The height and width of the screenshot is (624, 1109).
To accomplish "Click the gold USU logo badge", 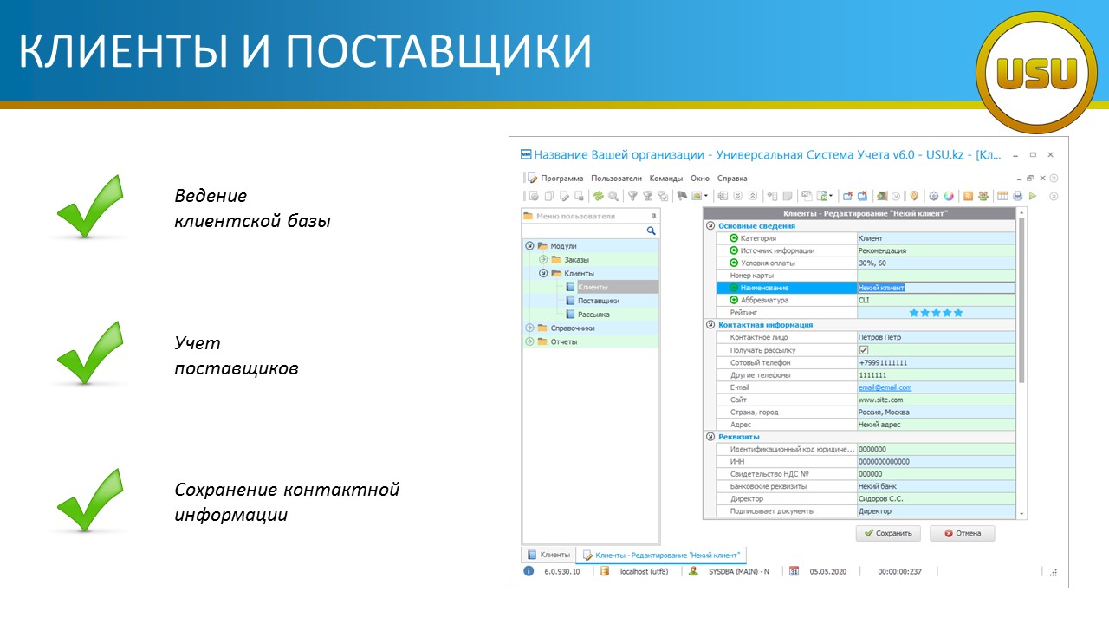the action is (x=1036, y=73).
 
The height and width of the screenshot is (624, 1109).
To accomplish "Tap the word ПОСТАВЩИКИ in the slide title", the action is (x=438, y=50).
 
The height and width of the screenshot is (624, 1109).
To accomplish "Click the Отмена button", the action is (x=962, y=533).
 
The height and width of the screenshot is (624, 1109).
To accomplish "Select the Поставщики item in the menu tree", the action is (x=598, y=301).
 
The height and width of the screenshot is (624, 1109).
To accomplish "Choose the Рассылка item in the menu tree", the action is (x=593, y=315).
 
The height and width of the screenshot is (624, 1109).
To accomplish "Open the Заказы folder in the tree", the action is (x=576, y=259).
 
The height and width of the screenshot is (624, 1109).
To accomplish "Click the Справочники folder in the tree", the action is (x=572, y=328).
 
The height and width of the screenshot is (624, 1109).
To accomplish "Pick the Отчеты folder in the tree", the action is (x=563, y=341).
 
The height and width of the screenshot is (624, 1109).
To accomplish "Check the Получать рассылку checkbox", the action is (x=864, y=350).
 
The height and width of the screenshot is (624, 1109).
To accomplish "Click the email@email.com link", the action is (x=885, y=387).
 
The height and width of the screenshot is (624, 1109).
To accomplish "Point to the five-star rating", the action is (x=936, y=313).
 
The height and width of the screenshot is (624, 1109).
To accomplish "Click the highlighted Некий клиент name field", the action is (x=936, y=288).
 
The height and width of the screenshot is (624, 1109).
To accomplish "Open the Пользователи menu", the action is (x=616, y=179).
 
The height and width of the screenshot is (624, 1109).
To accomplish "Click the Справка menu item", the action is (x=732, y=179).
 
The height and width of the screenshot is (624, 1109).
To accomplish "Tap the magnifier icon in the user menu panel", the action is (x=651, y=231).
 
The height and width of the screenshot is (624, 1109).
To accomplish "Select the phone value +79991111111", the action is (x=883, y=362).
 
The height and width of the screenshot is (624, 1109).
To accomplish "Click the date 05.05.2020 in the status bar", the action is (x=827, y=571).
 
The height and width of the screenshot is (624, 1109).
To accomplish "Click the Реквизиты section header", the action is (x=739, y=437).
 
